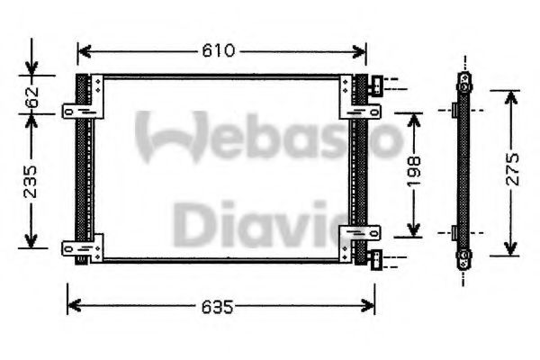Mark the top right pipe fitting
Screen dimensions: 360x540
click(x=375, y=87)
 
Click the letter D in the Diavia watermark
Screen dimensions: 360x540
click(x=191, y=224)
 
